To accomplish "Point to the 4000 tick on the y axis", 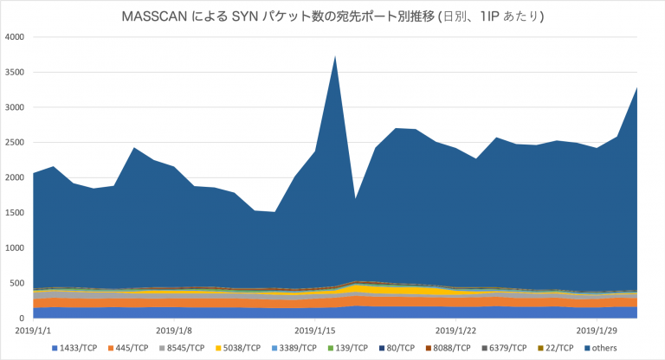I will coord(15,37).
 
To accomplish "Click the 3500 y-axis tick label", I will coord(15,73).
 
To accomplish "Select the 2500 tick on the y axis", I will coord(15,143).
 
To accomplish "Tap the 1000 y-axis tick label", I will coord(15,248).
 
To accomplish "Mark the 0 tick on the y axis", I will coord(23,318).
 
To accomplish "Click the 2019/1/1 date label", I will coord(33,330).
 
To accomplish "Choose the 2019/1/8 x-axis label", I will coord(175,330).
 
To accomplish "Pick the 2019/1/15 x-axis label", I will coord(316,330).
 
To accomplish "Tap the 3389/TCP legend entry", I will coord(294,348).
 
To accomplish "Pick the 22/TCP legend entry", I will coord(557,348).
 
